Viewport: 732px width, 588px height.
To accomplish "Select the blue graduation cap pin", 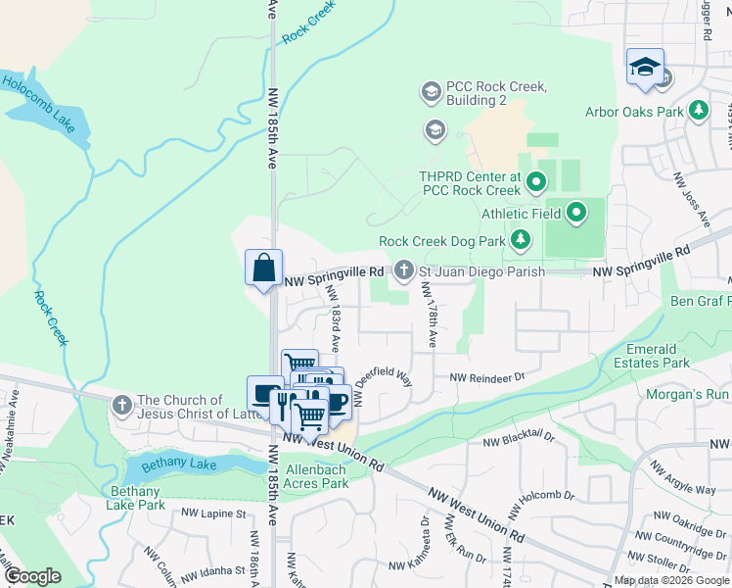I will point(645,67).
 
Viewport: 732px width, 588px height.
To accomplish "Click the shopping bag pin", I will point(264,268).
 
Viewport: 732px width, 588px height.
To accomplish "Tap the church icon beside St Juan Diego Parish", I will point(404,269).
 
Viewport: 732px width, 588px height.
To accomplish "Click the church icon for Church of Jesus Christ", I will point(121,405).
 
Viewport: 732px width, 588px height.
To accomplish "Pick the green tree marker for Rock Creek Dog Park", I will point(521,239).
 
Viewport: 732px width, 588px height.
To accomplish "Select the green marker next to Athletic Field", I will point(576,212).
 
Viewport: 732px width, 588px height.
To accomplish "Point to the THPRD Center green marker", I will point(535,181).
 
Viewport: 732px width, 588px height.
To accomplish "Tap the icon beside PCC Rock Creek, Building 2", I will point(431,93).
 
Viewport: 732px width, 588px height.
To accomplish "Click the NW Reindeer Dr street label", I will point(487,376).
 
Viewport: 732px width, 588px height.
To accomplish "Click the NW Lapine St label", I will point(211,514).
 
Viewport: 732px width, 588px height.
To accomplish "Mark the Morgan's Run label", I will point(688,395).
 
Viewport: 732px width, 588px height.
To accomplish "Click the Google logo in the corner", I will point(32,576).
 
